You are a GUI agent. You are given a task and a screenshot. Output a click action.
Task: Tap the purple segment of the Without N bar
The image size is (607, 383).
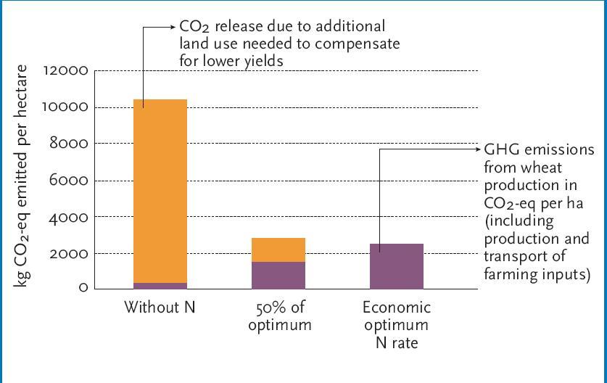pos(160,286)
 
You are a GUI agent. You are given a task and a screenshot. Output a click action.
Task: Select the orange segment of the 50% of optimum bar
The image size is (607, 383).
pos(278,250)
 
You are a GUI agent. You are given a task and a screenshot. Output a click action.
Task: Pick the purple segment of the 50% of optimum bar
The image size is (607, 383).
pos(278,275)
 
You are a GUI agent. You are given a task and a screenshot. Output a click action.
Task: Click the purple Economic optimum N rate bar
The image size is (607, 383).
pos(397,266)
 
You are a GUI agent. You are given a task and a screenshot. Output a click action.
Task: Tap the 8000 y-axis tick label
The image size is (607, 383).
pos(68,144)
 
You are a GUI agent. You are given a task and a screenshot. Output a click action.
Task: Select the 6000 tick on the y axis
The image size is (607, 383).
pos(68,181)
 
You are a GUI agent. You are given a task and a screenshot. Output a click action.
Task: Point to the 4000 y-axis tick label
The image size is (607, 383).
pos(68,217)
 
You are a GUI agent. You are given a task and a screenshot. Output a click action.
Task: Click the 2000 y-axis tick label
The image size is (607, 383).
pos(68,253)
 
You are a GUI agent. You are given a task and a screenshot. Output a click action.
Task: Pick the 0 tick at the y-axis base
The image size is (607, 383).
pos(83,288)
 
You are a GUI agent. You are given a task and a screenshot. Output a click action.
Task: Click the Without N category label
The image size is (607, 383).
pos(160,307)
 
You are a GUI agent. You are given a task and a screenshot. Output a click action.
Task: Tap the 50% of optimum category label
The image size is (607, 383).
pos(279,316)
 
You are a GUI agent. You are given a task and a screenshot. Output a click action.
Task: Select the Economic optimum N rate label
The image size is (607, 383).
pos(397,324)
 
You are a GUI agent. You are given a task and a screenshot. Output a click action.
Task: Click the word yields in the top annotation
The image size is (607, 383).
pos(263,61)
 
